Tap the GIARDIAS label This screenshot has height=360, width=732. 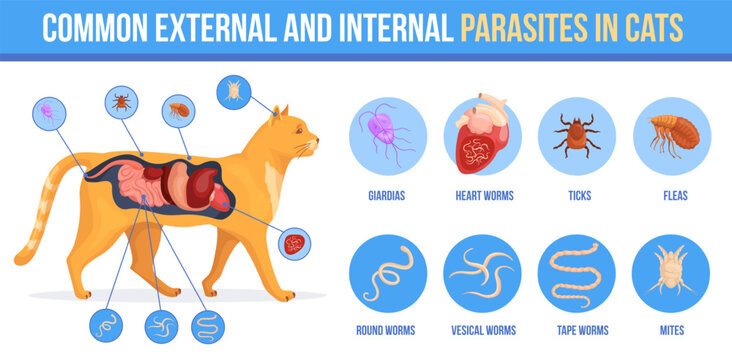[x=387, y=196]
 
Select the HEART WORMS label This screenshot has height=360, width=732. [x=484, y=196]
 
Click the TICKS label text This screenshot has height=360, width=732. [x=577, y=196]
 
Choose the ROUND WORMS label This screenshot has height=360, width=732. [x=387, y=330]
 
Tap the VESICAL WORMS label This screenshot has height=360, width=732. [x=484, y=330]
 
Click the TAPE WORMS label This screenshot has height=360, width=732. [x=577, y=330]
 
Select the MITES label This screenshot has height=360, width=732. [x=671, y=330]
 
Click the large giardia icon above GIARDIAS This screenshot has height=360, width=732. [x=387, y=137]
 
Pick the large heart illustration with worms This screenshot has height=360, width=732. [x=483, y=137]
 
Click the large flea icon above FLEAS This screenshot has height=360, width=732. [x=671, y=136]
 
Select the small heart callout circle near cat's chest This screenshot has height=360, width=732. [x=294, y=243]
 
